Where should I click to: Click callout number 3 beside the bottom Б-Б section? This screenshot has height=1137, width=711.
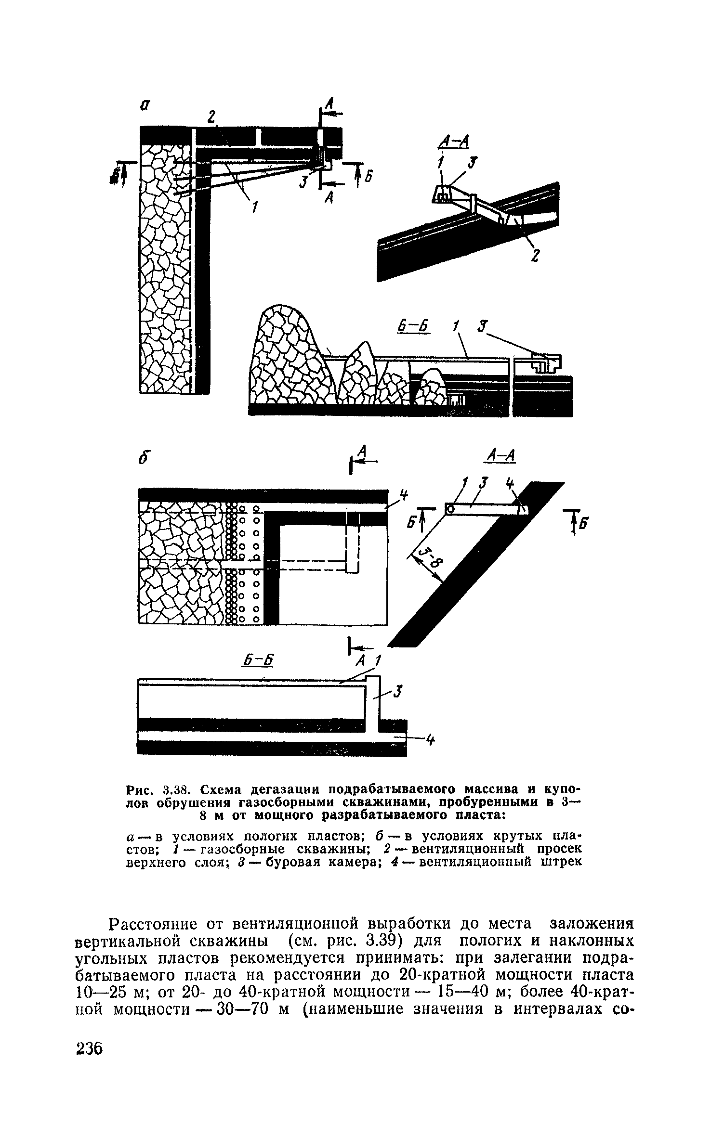tap(398, 692)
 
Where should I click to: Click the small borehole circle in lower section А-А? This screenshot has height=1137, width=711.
tap(450, 509)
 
